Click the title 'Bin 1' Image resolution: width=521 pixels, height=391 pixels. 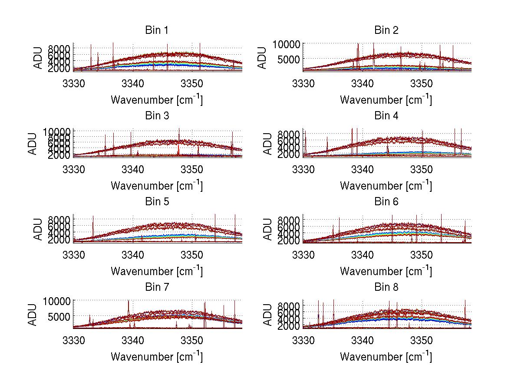point(156,30)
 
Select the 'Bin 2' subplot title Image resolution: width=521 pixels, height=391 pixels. point(386,30)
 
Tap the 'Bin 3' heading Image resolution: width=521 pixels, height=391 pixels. point(156,116)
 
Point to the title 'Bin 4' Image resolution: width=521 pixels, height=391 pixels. point(386,116)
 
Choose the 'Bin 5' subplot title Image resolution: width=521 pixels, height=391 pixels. point(156,202)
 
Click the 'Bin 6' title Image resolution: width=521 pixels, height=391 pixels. point(386,202)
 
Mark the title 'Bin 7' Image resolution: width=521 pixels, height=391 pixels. point(156,287)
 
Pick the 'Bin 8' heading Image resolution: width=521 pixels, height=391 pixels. point(386,287)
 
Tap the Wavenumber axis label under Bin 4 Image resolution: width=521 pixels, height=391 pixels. point(386,185)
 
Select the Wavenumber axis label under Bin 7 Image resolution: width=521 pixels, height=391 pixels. point(156,357)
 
